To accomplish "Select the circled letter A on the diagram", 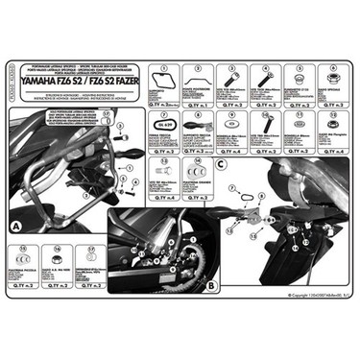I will click(x=17, y=227).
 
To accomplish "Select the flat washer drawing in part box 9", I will click(x=230, y=125).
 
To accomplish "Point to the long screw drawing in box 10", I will click(x=265, y=125).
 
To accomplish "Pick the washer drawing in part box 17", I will click(x=87, y=262).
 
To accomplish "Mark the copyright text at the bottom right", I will click(x=305, y=300).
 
